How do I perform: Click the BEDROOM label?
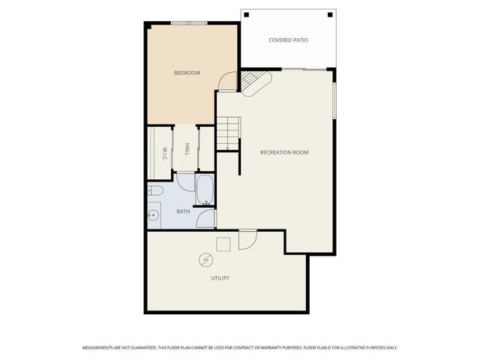click(187, 73)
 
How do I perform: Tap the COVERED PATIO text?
click(288, 40)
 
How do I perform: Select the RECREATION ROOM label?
click(283, 152)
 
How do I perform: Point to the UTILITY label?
click(219, 278)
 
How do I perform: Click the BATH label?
click(183, 211)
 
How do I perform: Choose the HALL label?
click(186, 148)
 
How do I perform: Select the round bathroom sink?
click(154, 216)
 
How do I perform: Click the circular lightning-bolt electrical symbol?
click(205, 259)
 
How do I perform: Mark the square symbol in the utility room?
click(223, 244)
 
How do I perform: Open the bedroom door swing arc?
click(227, 80)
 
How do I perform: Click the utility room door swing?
click(247, 239)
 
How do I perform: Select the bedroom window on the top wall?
click(188, 23)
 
